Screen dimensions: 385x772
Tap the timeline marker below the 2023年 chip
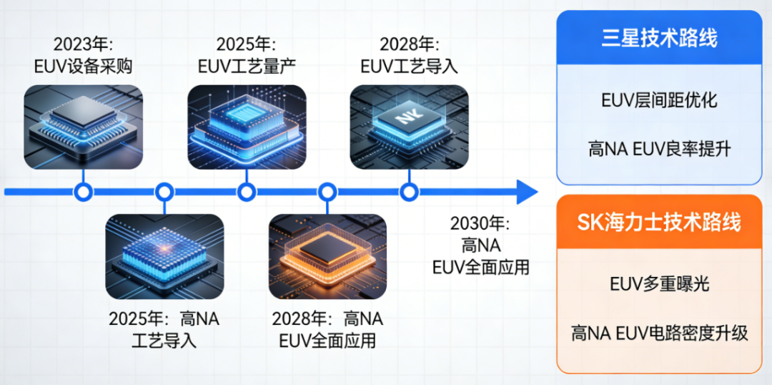pos(84,192)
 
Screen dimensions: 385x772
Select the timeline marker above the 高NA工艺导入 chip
pos(164,192)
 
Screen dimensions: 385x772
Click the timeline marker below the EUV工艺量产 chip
pos(247,192)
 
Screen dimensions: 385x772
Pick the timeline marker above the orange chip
pos(327,192)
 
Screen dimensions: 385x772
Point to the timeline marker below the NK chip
pos(409,192)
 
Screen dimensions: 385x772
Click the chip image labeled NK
pos(409,127)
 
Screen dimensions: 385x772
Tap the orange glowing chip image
pos(327,255)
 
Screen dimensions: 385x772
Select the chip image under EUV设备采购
pos(84,127)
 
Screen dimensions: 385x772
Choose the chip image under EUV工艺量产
pos(247,127)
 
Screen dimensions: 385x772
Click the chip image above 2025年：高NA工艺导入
pos(164,255)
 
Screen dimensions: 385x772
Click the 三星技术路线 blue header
pos(659,37)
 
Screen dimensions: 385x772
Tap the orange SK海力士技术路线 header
pos(659,222)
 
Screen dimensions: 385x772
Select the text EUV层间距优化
pos(659,100)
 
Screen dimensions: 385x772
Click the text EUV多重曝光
pos(659,284)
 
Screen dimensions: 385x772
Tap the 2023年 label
pos(83,45)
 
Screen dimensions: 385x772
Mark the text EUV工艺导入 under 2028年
pos(409,67)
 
